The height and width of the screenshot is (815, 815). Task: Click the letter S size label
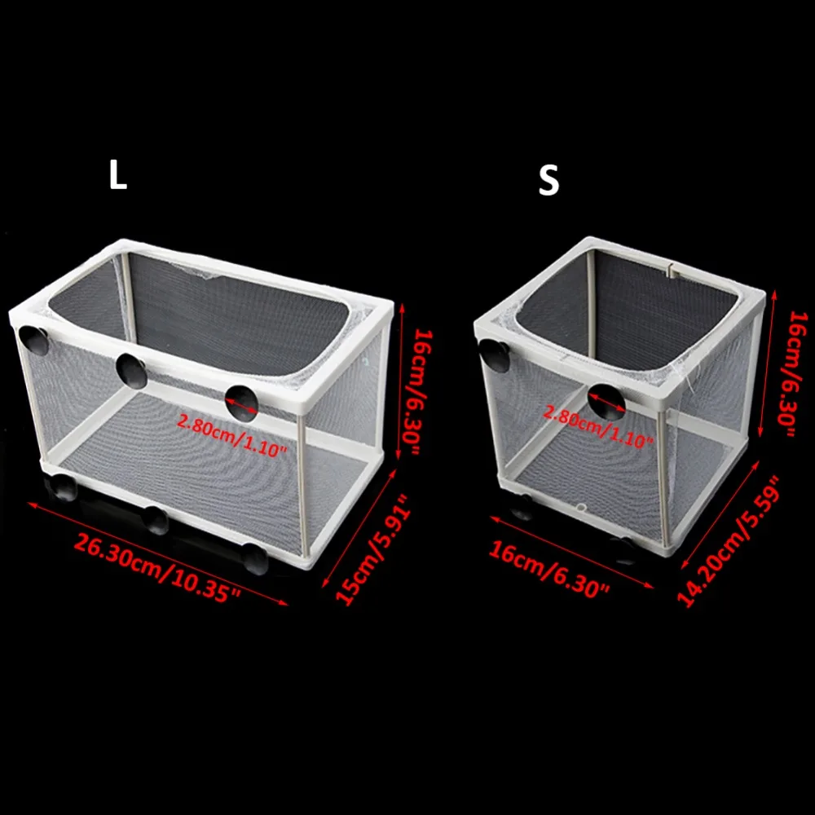[548, 180]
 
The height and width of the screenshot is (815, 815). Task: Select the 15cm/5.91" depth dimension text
[372, 550]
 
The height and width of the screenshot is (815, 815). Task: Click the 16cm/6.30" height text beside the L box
[416, 392]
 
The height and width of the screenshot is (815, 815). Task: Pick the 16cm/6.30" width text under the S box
[548, 569]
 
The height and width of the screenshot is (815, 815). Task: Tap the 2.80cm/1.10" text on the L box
[231, 435]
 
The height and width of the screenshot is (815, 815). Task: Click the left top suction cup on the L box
[33, 340]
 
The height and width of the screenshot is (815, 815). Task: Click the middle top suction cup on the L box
[131, 370]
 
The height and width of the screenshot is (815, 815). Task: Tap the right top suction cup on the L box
[241, 403]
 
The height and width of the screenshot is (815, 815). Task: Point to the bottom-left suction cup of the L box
[61, 487]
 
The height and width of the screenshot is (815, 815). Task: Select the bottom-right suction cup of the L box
[256, 559]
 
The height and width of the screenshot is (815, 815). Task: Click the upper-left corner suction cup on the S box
[495, 355]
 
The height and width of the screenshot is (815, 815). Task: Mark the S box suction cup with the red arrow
[606, 402]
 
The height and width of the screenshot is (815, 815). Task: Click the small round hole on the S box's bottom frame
[581, 507]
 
